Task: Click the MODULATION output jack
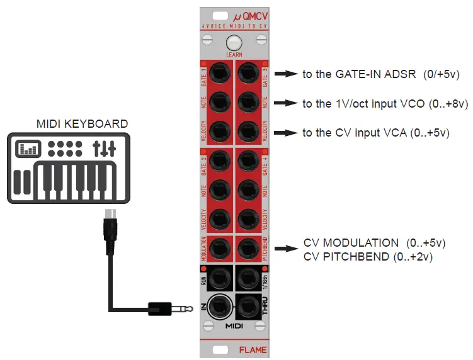[x=220, y=249]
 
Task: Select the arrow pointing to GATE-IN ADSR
[x=287, y=74]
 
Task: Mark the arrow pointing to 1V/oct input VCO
[x=287, y=103]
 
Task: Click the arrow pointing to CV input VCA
[x=287, y=132]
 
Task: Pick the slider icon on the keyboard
[x=104, y=149]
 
